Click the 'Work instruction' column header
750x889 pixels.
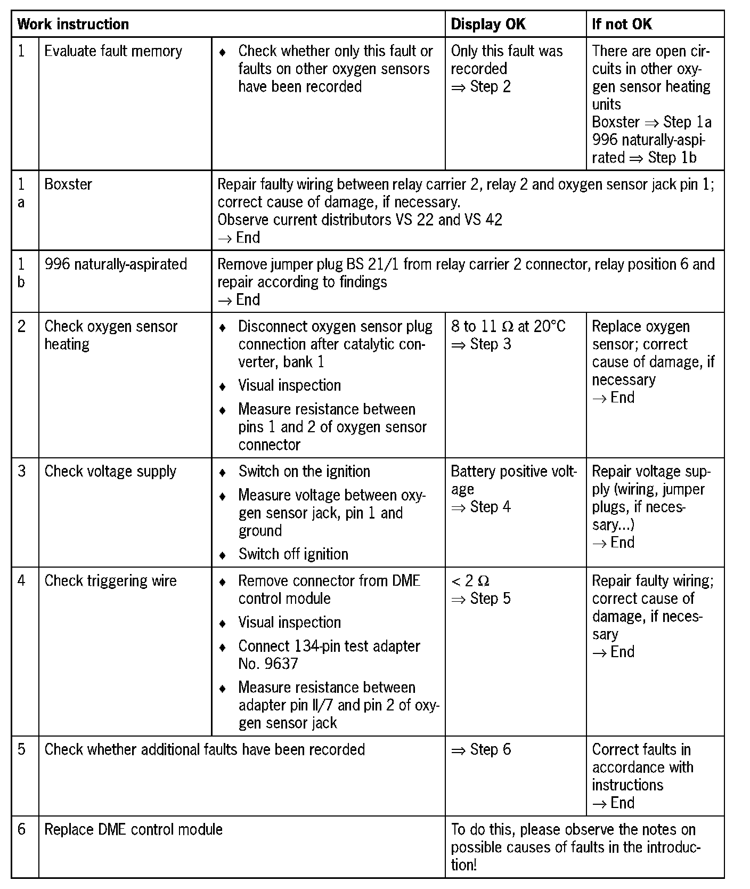pyautogui.click(x=73, y=24)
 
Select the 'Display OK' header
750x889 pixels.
pyautogui.click(x=487, y=24)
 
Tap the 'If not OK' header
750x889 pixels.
pyautogui.click(x=622, y=24)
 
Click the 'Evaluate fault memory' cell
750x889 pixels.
pyautogui.click(x=113, y=51)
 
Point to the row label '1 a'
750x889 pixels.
pyautogui.click(x=21, y=193)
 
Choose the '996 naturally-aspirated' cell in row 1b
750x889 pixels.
pyautogui.click(x=116, y=264)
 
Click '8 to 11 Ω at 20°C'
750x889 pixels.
pyautogui.click(x=508, y=326)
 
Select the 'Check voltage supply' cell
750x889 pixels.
pyautogui.click(x=110, y=471)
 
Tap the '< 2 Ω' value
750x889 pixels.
pyautogui.click(x=470, y=581)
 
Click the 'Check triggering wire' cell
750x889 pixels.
pyautogui.click(x=110, y=581)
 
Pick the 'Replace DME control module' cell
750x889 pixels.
pyautogui.click(x=133, y=829)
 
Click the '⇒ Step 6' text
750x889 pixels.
pyautogui.click(x=480, y=749)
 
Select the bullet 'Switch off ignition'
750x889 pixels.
pyautogui.click(x=293, y=554)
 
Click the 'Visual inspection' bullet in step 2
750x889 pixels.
pyautogui.click(x=289, y=385)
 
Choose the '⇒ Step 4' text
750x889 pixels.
pyautogui.click(x=480, y=507)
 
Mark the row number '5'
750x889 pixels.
pyautogui.click(x=21, y=749)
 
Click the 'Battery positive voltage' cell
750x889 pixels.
pyautogui.click(x=513, y=480)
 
